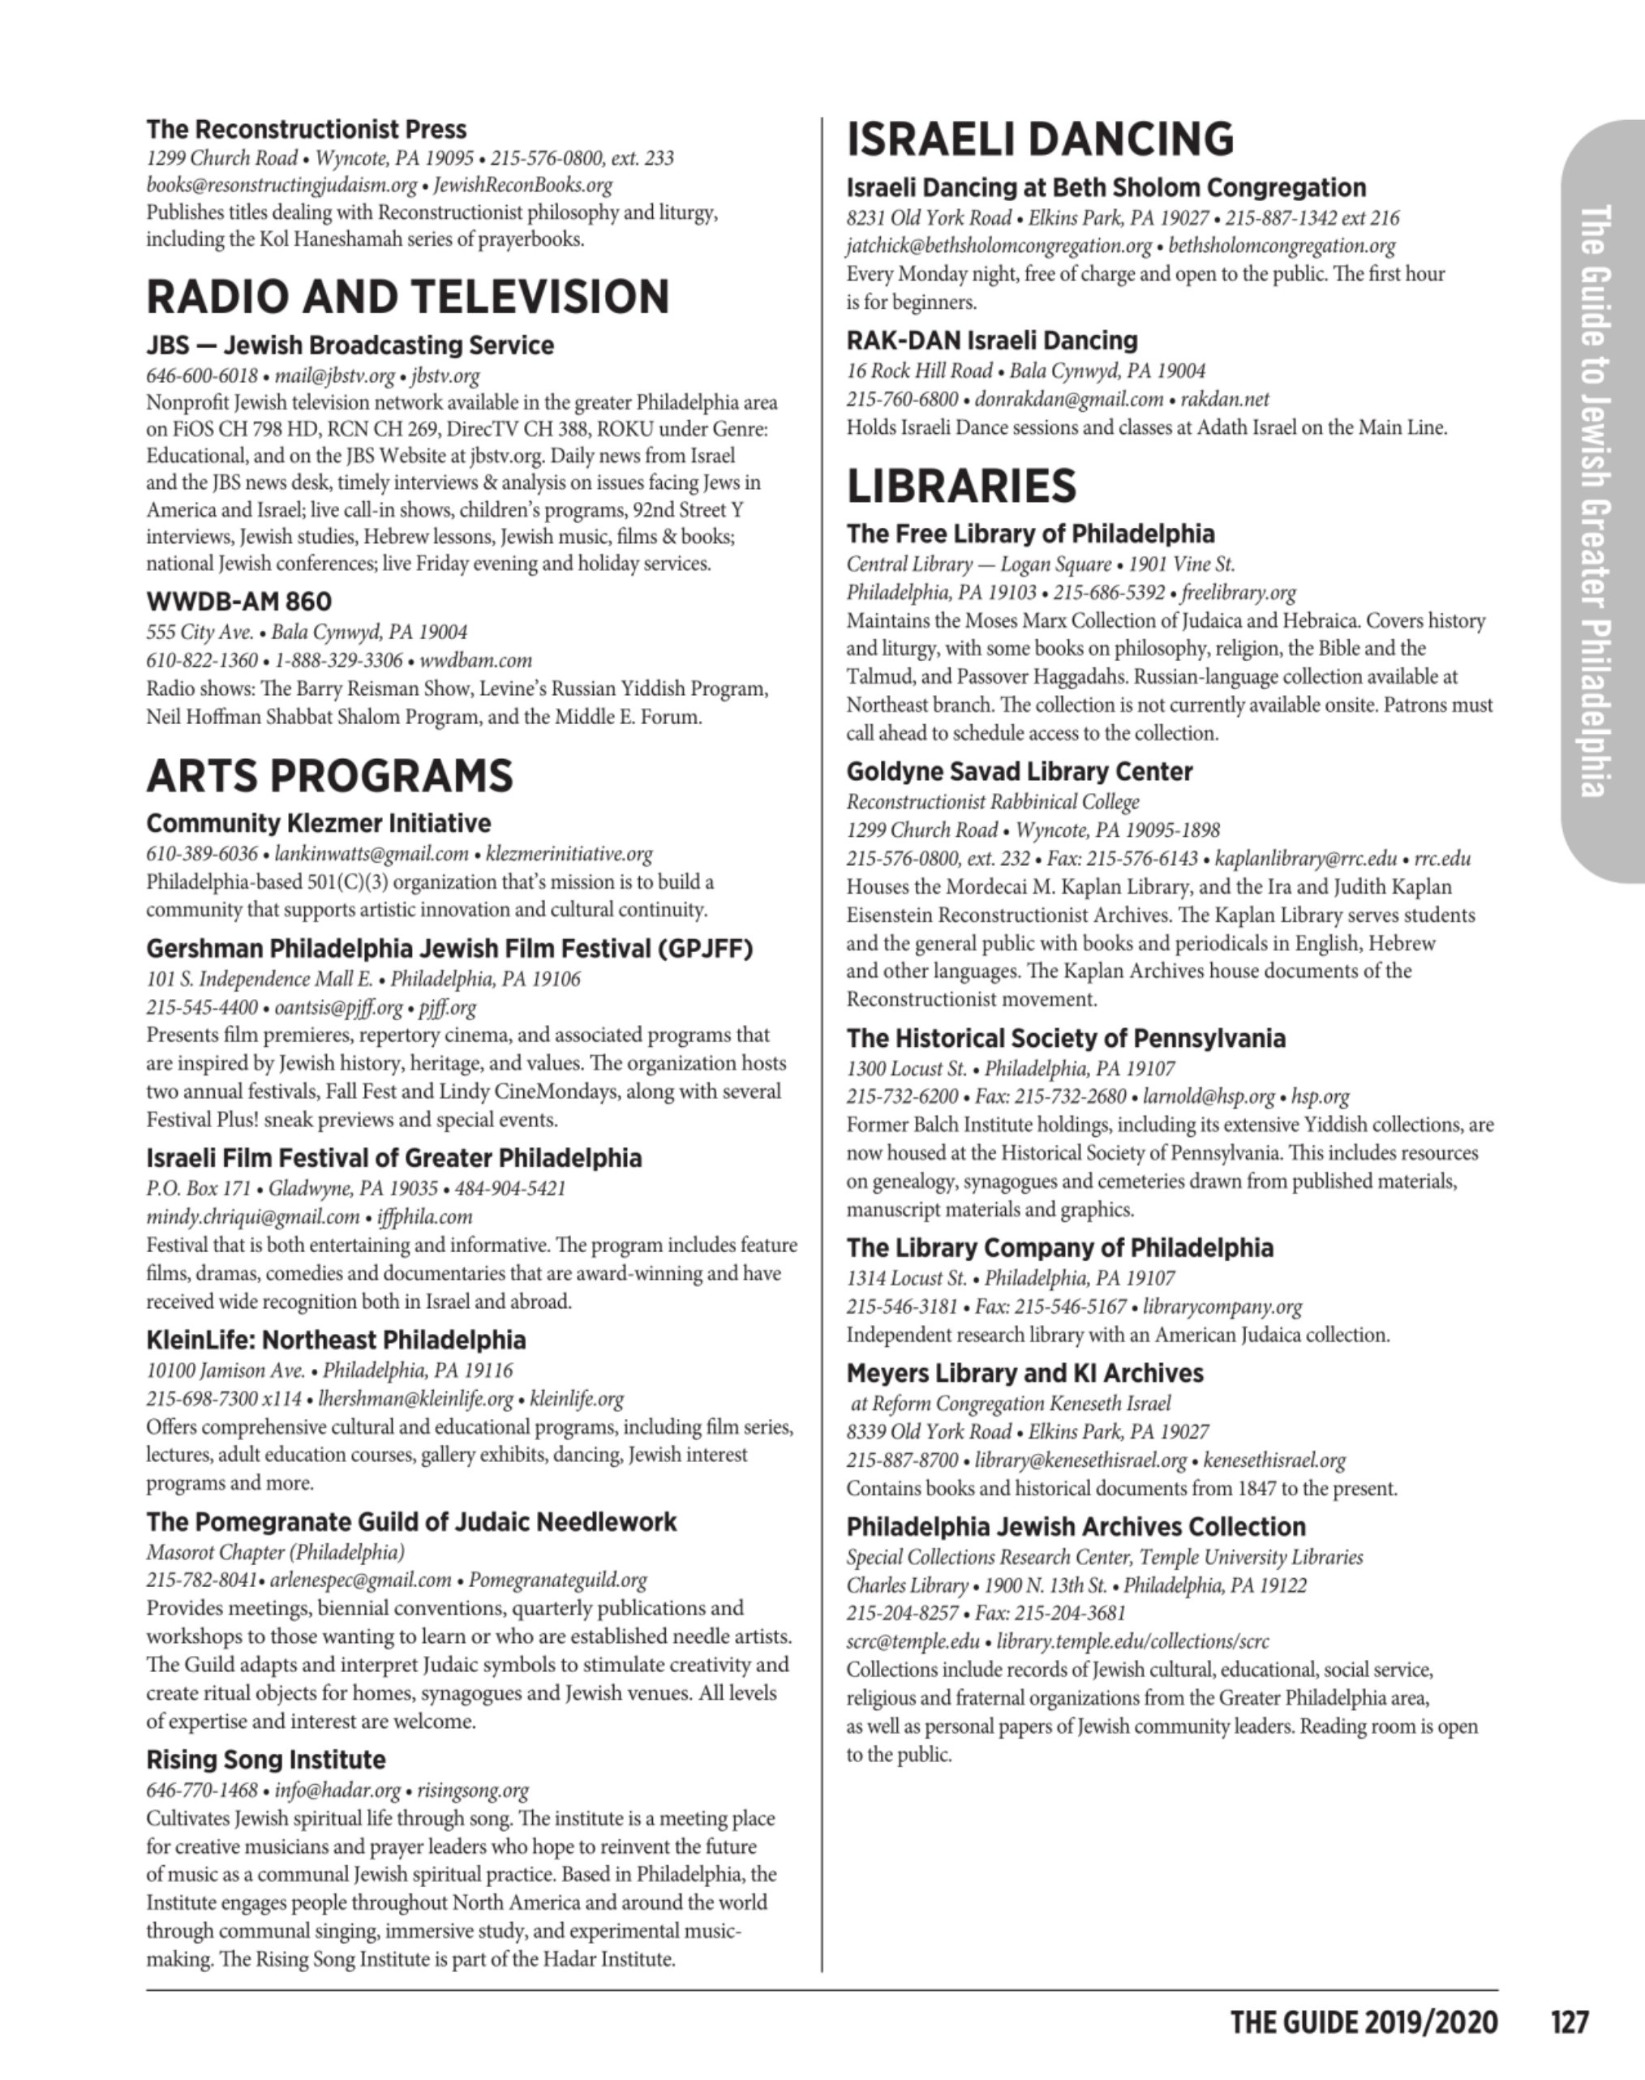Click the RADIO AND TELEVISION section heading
pyautogui.click(x=407, y=297)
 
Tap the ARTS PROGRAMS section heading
pyautogui.click(x=329, y=776)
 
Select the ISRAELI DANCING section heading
pyautogui.click(x=1039, y=139)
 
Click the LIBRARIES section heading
pyautogui.click(x=960, y=487)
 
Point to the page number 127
pyautogui.click(x=1569, y=2022)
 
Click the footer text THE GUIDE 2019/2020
pyautogui.click(x=1364, y=2022)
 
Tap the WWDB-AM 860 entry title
pyautogui.click(x=238, y=602)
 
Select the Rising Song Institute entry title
pyautogui.click(x=266, y=1760)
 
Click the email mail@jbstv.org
pyautogui.click(x=334, y=375)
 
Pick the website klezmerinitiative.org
pyautogui.click(x=569, y=854)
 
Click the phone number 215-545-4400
pyautogui.click(x=201, y=1008)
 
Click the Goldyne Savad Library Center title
pyautogui.click(x=1019, y=772)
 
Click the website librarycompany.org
pyautogui.click(x=1222, y=1308)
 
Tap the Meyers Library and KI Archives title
pyautogui.click(x=1024, y=1373)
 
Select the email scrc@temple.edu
pyautogui.click(x=912, y=1642)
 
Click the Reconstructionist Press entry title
pyautogui.click(x=307, y=130)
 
